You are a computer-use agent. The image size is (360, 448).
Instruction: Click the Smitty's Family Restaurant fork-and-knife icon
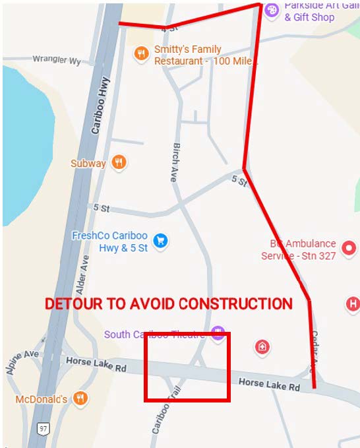click(140, 54)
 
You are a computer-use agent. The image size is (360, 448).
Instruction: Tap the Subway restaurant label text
click(88, 163)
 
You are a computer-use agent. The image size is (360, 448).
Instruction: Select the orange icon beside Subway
click(119, 162)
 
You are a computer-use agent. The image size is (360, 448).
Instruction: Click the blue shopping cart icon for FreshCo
click(159, 241)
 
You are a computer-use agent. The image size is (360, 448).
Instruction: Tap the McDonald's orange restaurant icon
click(80, 399)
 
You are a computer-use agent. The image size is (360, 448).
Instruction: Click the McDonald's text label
click(42, 399)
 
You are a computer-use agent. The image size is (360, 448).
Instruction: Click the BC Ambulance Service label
click(299, 249)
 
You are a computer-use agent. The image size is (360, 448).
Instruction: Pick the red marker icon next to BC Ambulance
click(350, 249)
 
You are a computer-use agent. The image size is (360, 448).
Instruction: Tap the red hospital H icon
click(353, 304)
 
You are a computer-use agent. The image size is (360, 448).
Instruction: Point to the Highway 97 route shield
click(43, 429)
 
